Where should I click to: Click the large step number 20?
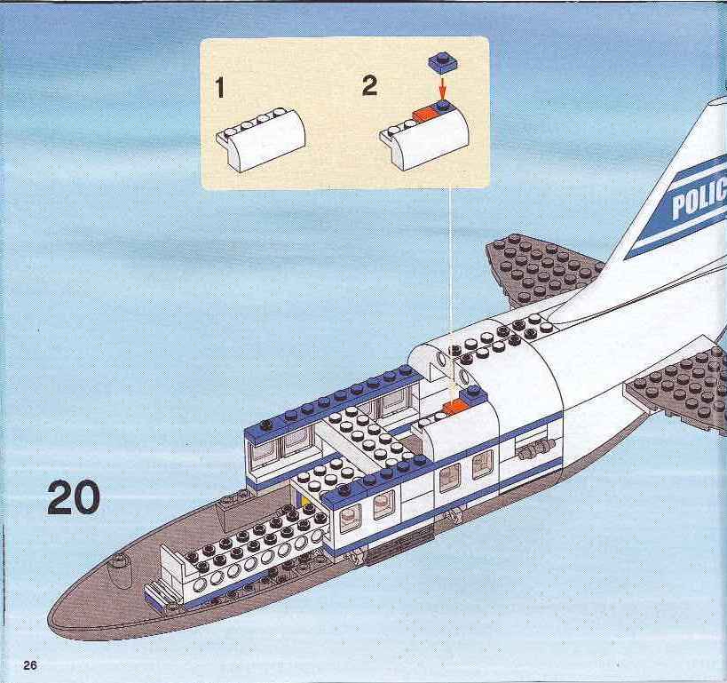tap(74, 497)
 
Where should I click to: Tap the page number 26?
tap(30, 665)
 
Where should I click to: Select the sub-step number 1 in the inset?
tap(220, 88)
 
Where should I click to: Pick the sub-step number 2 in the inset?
tap(369, 86)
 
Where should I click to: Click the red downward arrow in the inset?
tap(443, 86)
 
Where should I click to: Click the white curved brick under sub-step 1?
tap(261, 139)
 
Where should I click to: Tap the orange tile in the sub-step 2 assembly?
tap(423, 115)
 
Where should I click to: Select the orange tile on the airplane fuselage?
tap(454, 407)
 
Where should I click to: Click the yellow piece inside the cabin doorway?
tap(304, 500)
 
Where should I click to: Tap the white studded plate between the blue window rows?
tap(369, 436)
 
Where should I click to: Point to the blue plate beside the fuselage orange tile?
tap(474, 395)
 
